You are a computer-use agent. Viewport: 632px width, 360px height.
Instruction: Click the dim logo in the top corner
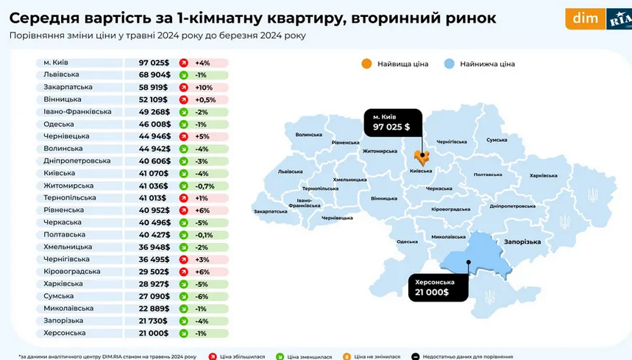point(585,18)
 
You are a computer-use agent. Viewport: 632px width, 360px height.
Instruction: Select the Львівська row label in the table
point(60,75)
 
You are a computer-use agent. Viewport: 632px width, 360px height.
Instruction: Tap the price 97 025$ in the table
point(154,63)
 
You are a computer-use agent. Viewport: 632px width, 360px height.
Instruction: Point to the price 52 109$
point(154,99)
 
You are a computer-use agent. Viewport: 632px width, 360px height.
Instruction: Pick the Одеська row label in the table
point(58,124)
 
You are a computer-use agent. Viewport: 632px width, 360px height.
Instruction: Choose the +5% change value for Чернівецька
point(202,136)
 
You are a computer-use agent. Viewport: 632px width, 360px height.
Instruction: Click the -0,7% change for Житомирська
point(205,186)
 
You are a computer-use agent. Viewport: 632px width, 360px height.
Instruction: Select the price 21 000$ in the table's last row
point(155,333)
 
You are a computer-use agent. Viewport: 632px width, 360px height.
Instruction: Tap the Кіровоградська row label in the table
point(71,272)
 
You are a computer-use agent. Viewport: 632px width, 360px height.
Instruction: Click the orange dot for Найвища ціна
point(366,64)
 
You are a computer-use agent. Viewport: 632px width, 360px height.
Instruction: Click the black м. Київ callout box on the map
point(393,122)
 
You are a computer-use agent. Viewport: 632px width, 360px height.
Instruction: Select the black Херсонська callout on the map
point(439,287)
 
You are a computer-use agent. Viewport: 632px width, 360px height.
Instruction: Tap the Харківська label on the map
point(544,175)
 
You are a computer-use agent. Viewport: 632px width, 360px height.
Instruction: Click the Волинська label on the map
point(309,135)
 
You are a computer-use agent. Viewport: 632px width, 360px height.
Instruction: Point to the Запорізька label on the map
point(522,241)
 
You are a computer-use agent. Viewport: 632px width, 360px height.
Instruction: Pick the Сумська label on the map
point(497,139)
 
